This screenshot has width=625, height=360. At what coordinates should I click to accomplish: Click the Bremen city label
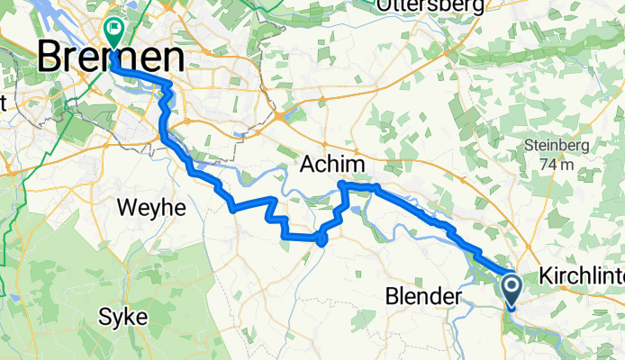click(x=112, y=58)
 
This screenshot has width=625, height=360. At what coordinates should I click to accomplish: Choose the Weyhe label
click(x=151, y=208)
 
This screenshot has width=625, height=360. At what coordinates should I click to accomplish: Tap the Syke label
click(x=122, y=319)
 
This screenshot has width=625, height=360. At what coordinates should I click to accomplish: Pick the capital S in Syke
click(x=104, y=319)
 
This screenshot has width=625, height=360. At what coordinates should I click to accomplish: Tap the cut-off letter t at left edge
click(x=3, y=103)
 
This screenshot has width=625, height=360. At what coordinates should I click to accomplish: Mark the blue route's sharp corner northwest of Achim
click(x=341, y=184)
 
